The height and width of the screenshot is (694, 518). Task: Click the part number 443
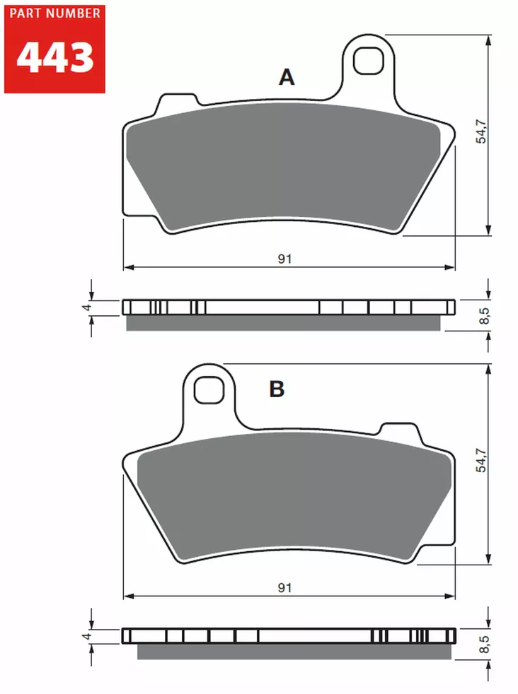tap(54, 59)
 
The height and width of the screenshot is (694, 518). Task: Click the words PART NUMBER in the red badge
tap(54, 15)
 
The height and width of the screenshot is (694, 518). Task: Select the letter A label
tap(286, 77)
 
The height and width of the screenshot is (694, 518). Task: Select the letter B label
tap(276, 389)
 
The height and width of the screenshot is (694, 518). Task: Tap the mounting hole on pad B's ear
tap(209, 388)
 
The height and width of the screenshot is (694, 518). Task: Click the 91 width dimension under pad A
tap(284, 259)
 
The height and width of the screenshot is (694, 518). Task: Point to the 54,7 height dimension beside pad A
tap(481, 133)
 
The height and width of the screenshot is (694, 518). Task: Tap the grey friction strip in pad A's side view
tap(283, 323)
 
